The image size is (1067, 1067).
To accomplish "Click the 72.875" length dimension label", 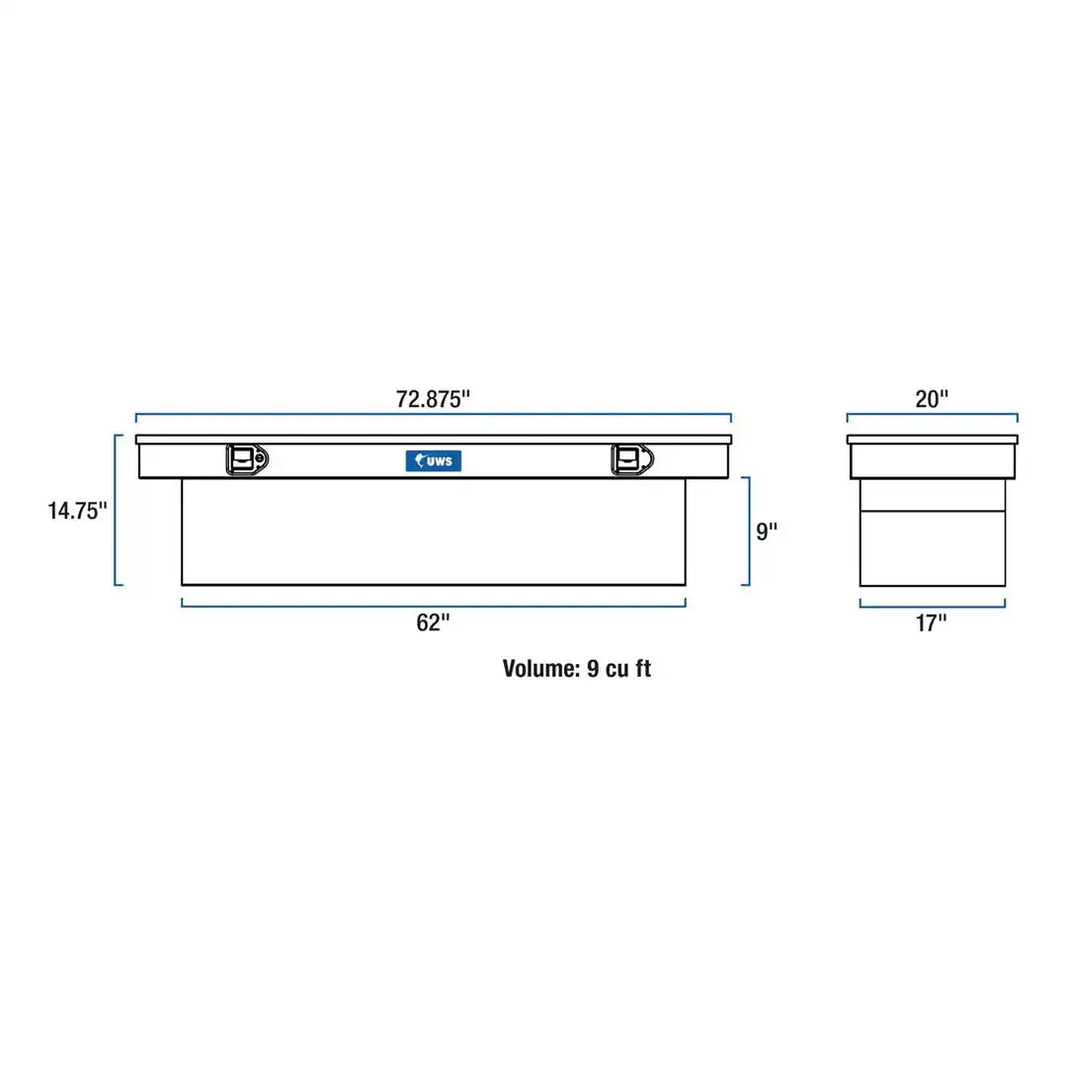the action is point(433,399).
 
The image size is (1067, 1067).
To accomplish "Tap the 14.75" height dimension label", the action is point(77,511).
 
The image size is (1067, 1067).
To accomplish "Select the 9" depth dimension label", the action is point(767,531).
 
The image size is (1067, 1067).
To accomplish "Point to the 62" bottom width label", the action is point(433,622).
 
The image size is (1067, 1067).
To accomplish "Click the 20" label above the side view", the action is point(932,399).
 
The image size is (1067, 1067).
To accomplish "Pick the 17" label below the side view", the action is point(931,622).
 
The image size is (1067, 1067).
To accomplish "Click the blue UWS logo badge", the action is point(434,460).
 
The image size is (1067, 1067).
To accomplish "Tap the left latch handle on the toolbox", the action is point(247,460).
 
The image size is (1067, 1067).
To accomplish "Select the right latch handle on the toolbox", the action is point(632,460).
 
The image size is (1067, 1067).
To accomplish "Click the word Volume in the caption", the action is point(540,668).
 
